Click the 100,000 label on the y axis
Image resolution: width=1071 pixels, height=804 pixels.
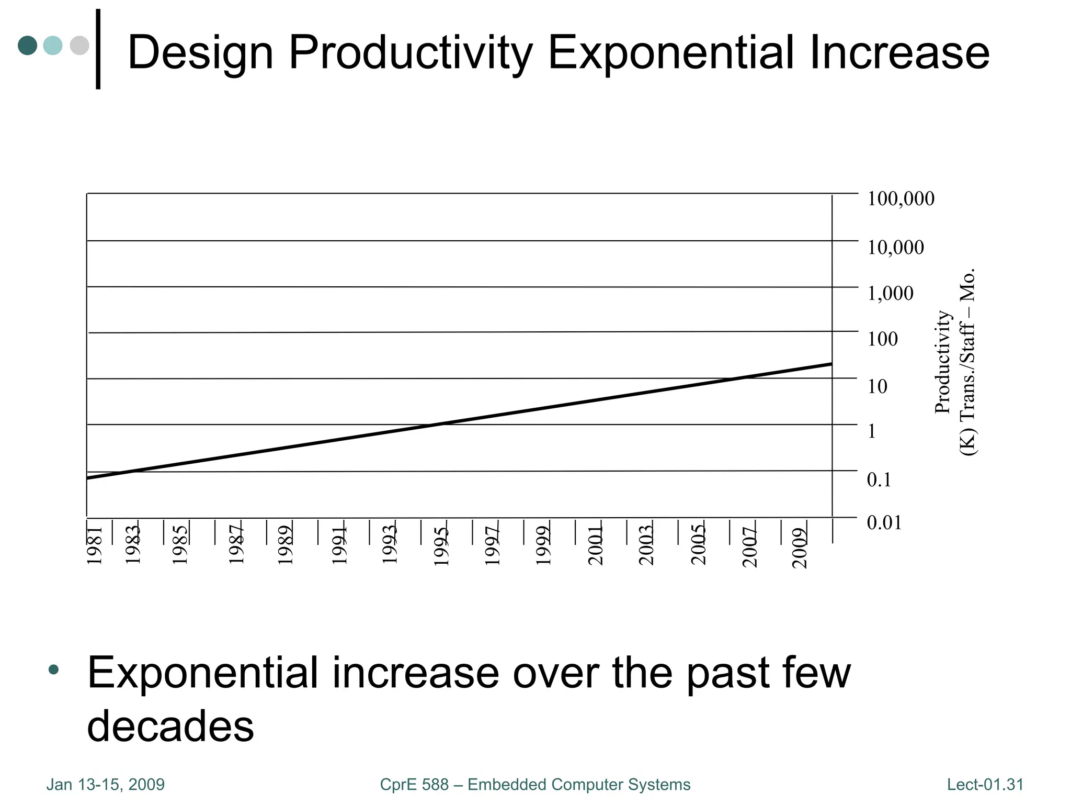[901, 199]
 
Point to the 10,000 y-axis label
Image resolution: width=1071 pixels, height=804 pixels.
[895, 247]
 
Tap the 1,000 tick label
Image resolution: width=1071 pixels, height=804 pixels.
[890, 293]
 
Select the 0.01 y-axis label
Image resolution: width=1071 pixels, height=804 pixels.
[884, 522]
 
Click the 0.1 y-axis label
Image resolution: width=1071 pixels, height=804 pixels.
[879, 479]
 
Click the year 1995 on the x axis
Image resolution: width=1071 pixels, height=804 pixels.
[442, 546]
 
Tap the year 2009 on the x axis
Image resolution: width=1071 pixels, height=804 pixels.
[800, 548]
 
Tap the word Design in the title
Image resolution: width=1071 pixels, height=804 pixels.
[201, 53]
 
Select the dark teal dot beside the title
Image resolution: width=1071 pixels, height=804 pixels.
[27, 46]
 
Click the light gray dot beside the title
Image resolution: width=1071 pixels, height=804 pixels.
[79, 46]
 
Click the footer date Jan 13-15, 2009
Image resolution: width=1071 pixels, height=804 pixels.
[106, 785]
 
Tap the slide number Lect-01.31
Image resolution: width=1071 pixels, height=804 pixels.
[985, 785]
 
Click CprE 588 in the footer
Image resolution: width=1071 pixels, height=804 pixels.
[414, 785]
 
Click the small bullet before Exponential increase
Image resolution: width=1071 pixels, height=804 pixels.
[53, 669]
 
